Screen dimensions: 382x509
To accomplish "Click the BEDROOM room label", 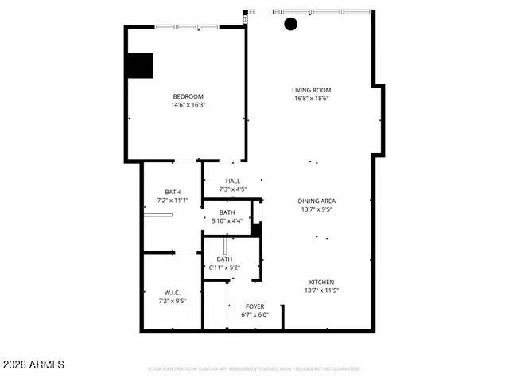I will (x=188, y=96).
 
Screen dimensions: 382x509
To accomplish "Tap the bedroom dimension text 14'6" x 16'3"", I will (x=188, y=105).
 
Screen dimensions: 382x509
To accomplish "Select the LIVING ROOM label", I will (x=311, y=90).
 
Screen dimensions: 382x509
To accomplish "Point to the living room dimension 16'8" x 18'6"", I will (x=311, y=99).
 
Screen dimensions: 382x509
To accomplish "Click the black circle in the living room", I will (x=291, y=24).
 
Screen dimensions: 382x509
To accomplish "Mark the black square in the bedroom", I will (x=140, y=65).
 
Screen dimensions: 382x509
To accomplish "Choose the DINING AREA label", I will (x=317, y=201).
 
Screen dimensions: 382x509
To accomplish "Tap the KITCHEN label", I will (x=321, y=282).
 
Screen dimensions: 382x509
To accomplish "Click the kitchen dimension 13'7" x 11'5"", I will (x=321, y=290).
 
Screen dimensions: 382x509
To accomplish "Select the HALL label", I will (x=233, y=181).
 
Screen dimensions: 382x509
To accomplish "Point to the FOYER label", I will (x=254, y=306).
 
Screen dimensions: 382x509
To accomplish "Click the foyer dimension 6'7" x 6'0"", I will (x=254, y=314).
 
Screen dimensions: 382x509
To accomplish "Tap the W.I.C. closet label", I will (x=173, y=292).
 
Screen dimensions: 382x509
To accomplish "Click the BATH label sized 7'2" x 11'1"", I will (x=173, y=192).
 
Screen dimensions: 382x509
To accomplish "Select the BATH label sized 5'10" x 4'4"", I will (x=227, y=212).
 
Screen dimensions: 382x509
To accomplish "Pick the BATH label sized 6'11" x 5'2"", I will (x=225, y=259).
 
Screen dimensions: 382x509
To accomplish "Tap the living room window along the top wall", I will (x=322, y=12).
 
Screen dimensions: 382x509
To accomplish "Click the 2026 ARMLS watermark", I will (x=33, y=364).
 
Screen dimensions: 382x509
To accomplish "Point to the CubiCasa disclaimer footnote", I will (x=254, y=369).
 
